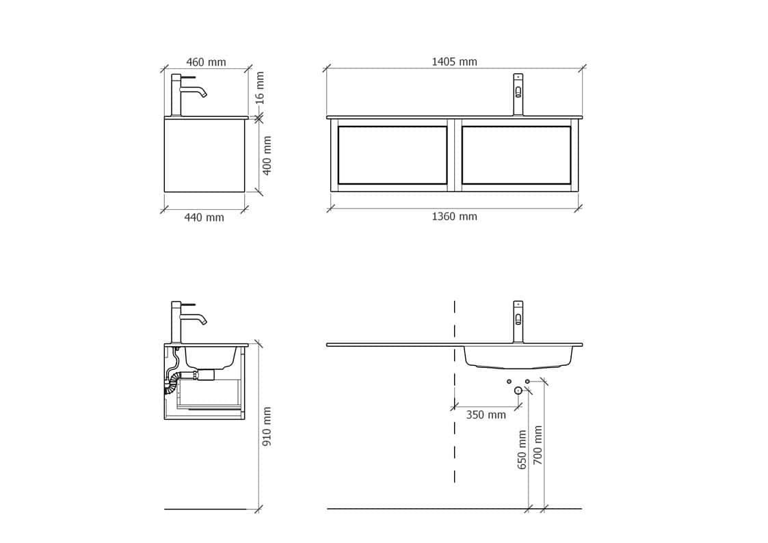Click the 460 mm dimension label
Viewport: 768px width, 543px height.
point(207,62)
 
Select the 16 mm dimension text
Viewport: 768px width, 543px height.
point(260,88)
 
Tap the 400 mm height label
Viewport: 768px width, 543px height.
point(267,155)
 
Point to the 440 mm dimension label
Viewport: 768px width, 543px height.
point(204,217)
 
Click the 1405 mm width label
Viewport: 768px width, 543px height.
point(454,62)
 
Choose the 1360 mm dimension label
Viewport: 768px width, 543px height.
point(454,216)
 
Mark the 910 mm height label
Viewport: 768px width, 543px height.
point(267,427)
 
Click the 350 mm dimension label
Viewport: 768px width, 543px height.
point(486,415)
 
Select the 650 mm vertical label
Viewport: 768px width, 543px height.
point(522,449)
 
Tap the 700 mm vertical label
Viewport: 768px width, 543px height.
point(538,445)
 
